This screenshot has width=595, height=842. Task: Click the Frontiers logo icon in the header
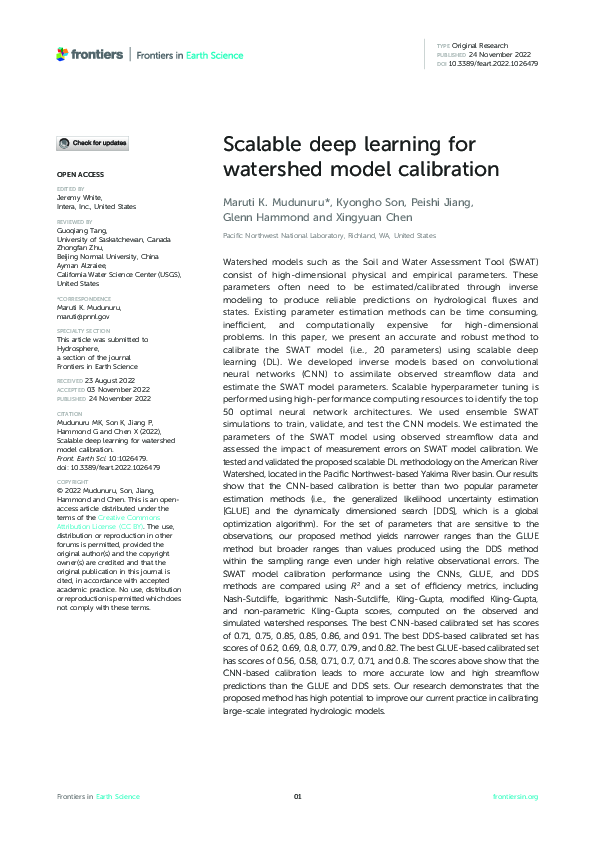(x=63, y=54)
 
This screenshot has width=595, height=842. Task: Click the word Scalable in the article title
(x=261, y=145)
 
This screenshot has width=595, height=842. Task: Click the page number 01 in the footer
(x=297, y=796)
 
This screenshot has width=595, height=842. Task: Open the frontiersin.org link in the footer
(x=516, y=796)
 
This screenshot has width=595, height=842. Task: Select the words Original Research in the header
(x=481, y=46)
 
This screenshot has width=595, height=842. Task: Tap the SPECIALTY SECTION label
(x=83, y=330)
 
